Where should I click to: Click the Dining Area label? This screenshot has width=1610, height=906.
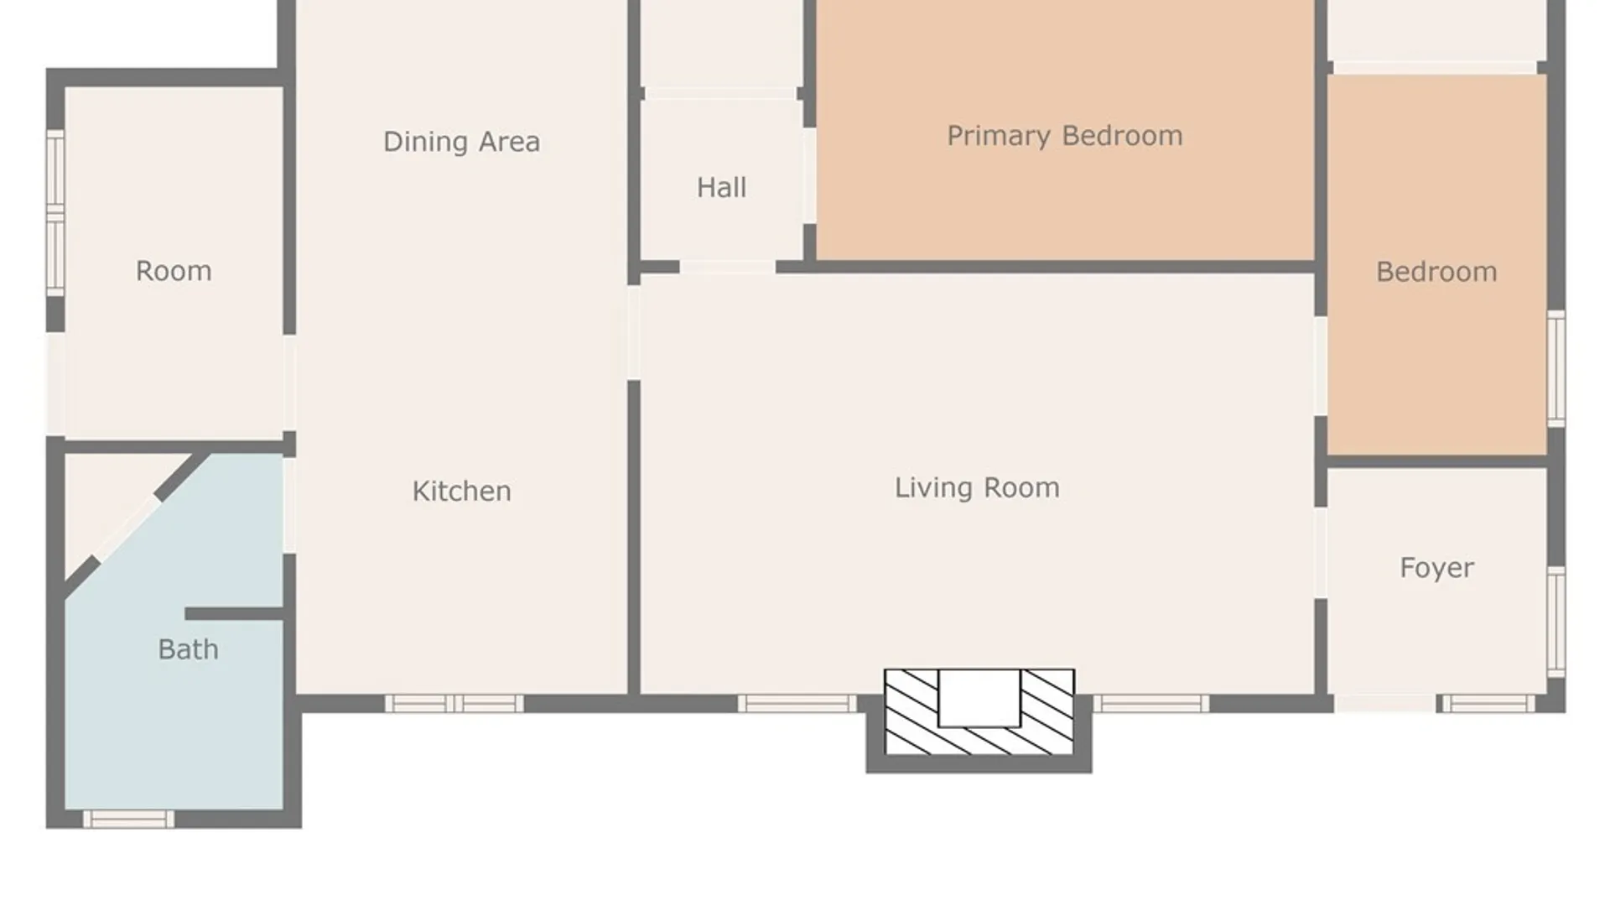461,142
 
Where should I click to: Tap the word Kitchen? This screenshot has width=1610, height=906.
461,491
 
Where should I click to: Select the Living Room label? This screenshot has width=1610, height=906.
977,488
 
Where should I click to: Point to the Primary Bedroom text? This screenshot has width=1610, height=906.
1065,136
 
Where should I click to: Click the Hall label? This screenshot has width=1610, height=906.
721,187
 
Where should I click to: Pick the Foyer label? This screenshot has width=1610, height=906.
1436,568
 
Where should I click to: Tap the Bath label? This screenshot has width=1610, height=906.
188,649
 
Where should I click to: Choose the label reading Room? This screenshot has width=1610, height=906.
174,271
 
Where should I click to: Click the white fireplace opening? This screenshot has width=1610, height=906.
979,698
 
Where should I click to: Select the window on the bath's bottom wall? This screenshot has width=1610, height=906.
128,819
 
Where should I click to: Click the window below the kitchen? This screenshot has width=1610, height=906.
454,704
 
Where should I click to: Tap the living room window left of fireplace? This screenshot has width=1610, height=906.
797,704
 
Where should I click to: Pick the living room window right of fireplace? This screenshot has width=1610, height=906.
1150,704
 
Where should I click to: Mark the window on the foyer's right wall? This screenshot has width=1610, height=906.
1556,622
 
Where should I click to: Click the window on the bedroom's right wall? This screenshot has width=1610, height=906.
1556,368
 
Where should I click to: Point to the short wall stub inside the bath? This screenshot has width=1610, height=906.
234,614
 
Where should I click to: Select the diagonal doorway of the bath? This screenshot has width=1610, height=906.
126,529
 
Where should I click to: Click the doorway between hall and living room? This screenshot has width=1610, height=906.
727,268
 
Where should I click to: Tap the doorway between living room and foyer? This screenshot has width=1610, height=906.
1321,553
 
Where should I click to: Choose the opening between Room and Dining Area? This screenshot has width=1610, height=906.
289,383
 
